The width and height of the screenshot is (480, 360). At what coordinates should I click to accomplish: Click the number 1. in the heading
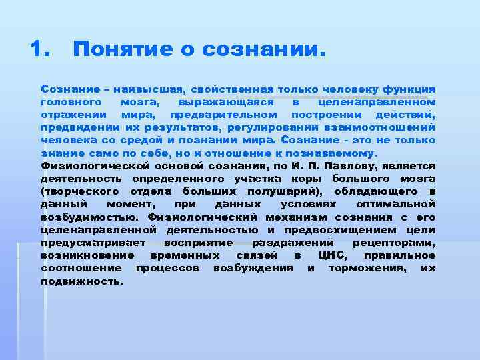(41, 49)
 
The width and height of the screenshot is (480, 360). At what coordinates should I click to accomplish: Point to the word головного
(71, 102)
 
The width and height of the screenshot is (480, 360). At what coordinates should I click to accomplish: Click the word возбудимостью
(85, 217)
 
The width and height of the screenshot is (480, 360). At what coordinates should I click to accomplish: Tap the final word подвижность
(82, 281)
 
